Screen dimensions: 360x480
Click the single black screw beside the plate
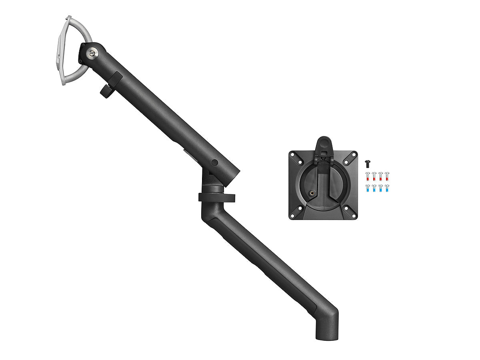pyautogui.click(x=368, y=163)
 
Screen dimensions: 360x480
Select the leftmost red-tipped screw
pyautogui.click(x=368, y=176)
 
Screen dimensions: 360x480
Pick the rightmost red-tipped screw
pyautogui.click(x=387, y=176)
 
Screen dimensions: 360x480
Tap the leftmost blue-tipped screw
pyautogui.click(x=368, y=188)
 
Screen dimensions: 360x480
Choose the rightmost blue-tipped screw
pyautogui.click(x=387, y=188)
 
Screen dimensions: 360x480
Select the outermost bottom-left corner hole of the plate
pyautogui.click(x=292, y=216)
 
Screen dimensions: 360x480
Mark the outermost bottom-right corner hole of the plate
pyautogui.click(x=354, y=216)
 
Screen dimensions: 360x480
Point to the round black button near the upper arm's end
pyautogui.click(x=215, y=163)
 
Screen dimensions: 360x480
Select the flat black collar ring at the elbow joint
pyautogui.click(x=216, y=197)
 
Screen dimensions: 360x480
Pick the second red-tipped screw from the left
pyautogui.click(x=374, y=176)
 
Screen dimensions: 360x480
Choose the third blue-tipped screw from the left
pyautogui.click(x=380, y=188)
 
